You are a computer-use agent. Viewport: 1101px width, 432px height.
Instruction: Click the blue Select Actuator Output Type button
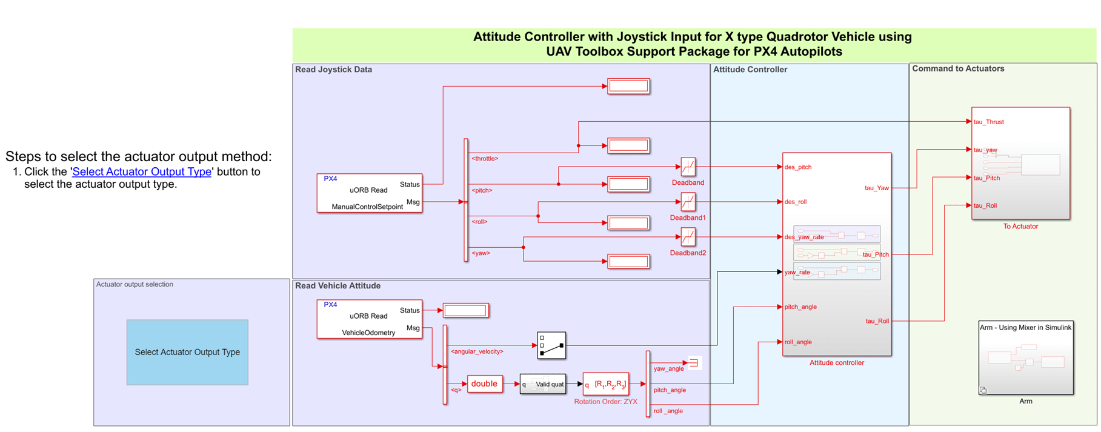click(x=187, y=352)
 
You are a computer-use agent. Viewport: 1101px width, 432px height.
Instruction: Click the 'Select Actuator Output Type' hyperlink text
click(x=142, y=172)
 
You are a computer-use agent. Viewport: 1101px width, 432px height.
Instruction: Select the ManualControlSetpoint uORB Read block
click(x=369, y=193)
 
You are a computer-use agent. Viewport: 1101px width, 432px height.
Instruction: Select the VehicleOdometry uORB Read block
click(x=369, y=319)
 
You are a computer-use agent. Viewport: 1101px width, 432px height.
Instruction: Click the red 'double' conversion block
click(x=484, y=384)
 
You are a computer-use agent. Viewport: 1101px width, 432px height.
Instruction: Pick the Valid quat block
click(x=543, y=384)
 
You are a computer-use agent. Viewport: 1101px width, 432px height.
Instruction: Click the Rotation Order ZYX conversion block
click(x=606, y=384)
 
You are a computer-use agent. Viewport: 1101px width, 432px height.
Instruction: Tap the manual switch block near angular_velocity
click(x=551, y=345)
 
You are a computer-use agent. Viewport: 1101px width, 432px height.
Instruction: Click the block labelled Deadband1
click(x=688, y=202)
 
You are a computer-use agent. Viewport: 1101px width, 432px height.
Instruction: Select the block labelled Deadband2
click(x=688, y=237)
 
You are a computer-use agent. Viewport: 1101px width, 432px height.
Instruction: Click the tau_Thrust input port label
click(x=989, y=122)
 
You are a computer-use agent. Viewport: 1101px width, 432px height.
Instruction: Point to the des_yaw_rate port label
click(x=804, y=237)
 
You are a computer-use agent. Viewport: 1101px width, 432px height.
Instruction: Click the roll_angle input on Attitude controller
click(x=798, y=342)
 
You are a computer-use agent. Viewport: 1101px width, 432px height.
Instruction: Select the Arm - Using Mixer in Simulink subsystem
click(x=1026, y=358)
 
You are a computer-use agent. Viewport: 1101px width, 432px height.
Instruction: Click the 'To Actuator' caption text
click(x=1020, y=227)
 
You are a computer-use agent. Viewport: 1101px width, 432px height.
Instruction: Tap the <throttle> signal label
click(x=485, y=159)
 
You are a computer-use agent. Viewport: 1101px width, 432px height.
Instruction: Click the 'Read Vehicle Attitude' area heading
click(x=338, y=286)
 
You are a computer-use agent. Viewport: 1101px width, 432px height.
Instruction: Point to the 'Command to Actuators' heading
click(x=958, y=69)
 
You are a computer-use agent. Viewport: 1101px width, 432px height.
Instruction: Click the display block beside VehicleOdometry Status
click(x=465, y=311)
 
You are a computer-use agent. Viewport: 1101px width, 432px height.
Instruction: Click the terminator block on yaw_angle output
click(x=694, y=363)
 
